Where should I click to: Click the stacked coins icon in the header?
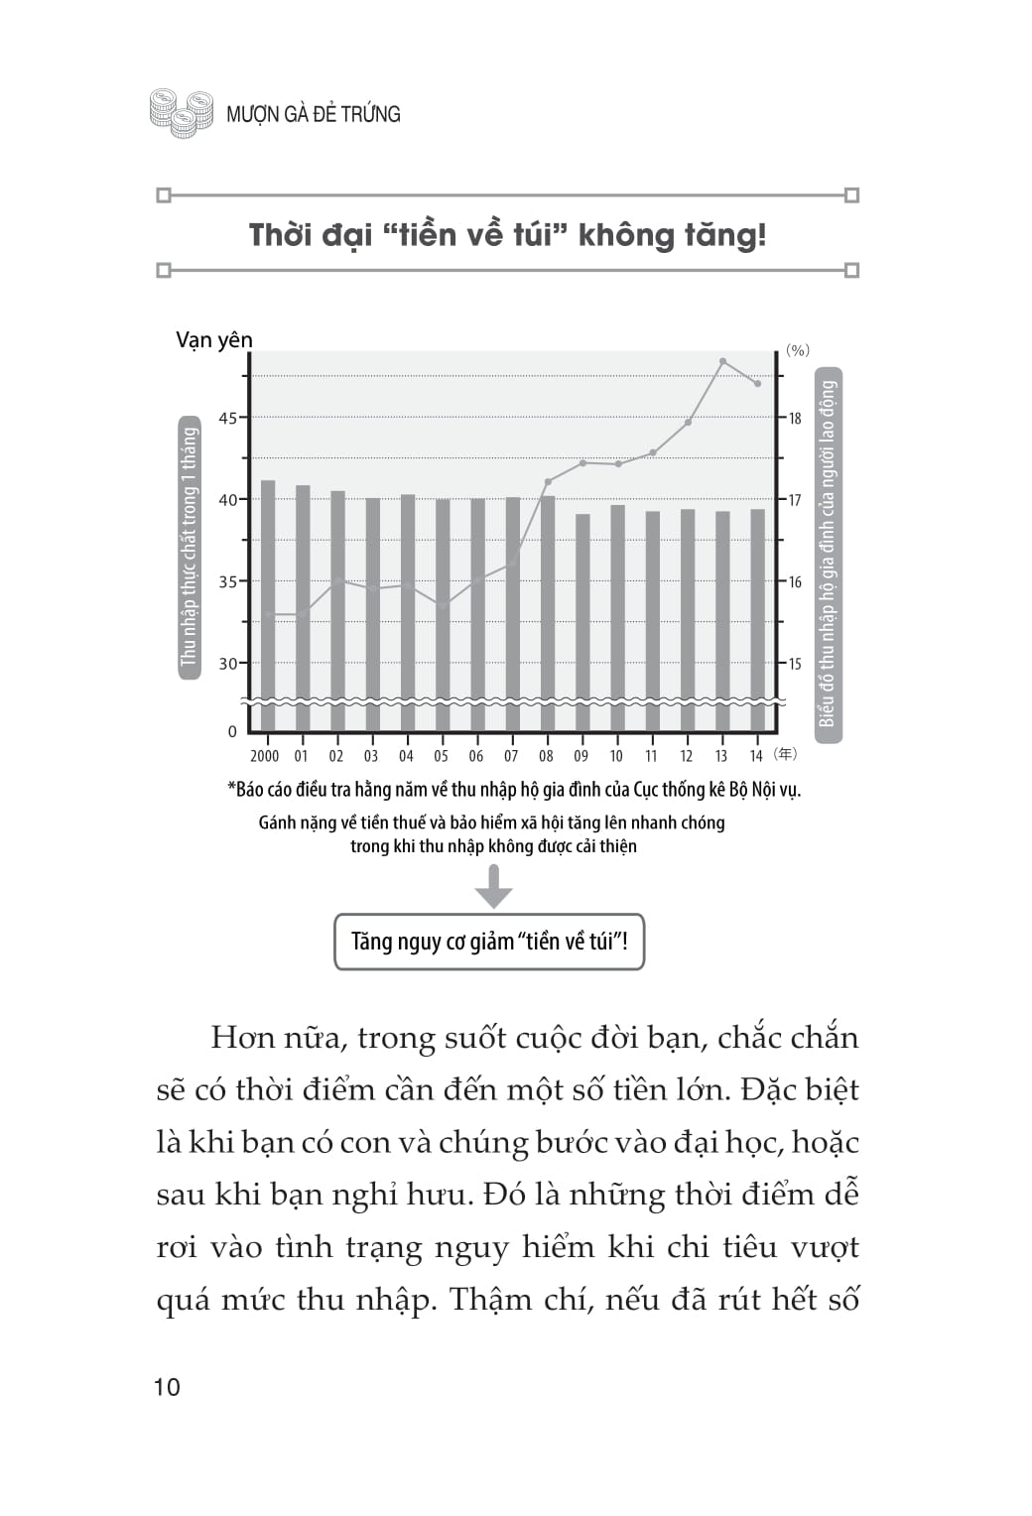click(182, 112)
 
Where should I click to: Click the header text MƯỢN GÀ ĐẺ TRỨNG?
click(313, 114)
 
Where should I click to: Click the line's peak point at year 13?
click(723, 361)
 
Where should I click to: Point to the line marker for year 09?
click(582, 462)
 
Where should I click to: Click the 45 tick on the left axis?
click(228, 418)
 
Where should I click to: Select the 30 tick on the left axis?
click(228, 663)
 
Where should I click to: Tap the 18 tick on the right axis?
click(795, 418)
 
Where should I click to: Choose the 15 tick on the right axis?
click(795, 663)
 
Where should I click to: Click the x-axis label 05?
click(442, 756)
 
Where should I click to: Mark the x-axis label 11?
click(652, 756)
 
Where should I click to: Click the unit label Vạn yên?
click(214, 340)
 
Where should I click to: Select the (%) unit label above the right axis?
click(798, 350)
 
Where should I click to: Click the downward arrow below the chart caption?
click(493, 886)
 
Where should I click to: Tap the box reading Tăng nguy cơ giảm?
click(489, 942)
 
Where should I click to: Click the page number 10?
click(168, 1387)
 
